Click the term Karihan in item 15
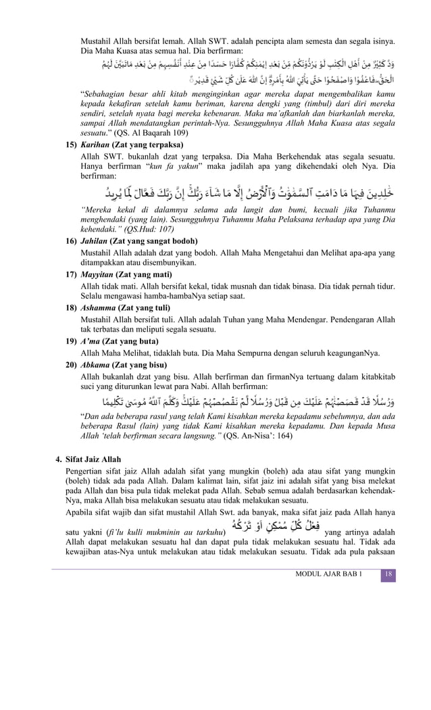pos(97,145)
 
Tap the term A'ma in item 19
pos(92,341)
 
